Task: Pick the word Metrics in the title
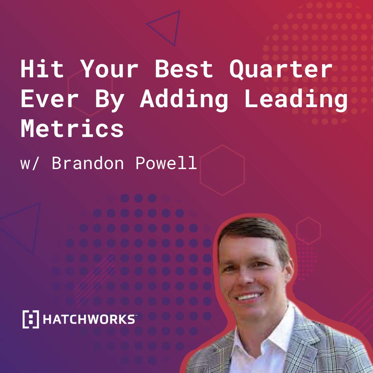click(x=72, y=129)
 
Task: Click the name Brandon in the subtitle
click(x=88, y=163)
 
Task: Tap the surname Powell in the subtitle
click(x=166, y=163)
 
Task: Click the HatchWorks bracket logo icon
click(x=31, y=319)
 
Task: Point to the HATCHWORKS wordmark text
click(x=89, y=319)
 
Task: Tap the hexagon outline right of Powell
click(x=222, y=171)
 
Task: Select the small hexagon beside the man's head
click(x=308, y=231)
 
